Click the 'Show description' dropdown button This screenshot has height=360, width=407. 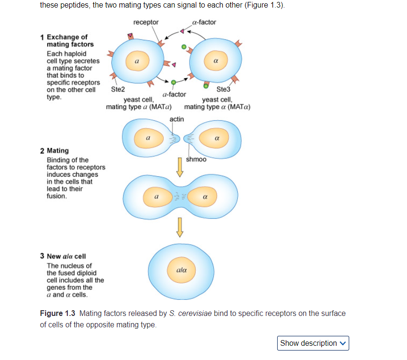(313, 343)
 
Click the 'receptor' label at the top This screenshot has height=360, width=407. (146, 22)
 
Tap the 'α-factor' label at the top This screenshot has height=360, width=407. (205, 22)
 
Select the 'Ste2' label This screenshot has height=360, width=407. (118, 89)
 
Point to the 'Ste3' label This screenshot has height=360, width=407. (223, 89)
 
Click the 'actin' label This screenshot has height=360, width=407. (177, 119)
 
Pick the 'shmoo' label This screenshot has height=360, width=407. (196, 159)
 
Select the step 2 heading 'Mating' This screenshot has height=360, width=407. (57, 151)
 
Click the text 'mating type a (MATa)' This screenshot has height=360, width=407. (139, 107)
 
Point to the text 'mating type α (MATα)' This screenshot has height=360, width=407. (217, 107)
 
